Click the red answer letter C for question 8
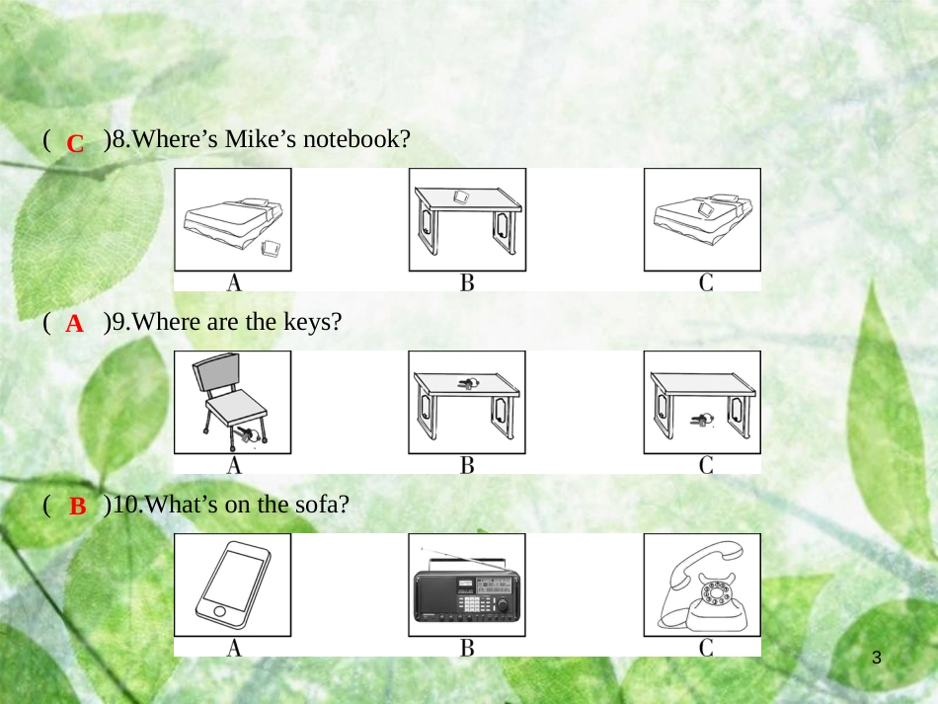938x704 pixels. pyautogui.click(x=75, y=143)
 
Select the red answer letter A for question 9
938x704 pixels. pyautogui.click(x=75, y=324)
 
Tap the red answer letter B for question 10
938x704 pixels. pyautogui.click(x=78, y=506)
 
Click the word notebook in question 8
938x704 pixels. pyautogui.click(x=356, y=139)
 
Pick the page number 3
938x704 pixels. pyautogui.click(x=877, y=658)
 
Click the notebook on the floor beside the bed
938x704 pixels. pyautogui.click(x=272, y=248)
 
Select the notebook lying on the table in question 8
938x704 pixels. pyautogui.click(x=462, y=196)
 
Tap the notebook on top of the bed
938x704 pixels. pyautogui.click(x=704, y=208)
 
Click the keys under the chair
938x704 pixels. pyautogui.click(x=247, y=433)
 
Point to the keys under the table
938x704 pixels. pyautogui.click(x=702, y=419)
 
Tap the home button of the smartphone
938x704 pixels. pyautogui.click(x=219, y=611)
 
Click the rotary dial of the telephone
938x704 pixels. pyautogui.click(x=716, y=592)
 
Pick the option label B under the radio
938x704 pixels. pyautogui.click(x=467, y=648)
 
